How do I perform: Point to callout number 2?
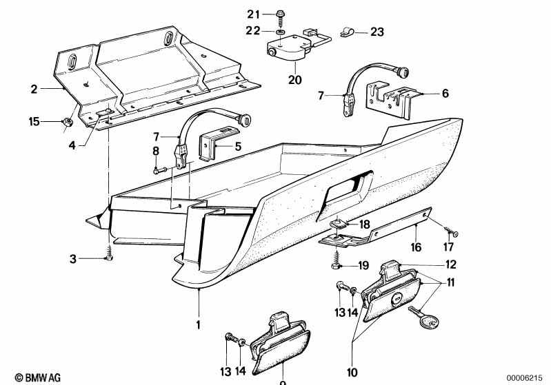[x=32, y=89]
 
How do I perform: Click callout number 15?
[x=34, y=122]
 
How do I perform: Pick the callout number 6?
[x=445, y=94]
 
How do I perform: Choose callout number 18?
[x=364, y=225]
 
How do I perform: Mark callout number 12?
[x=450, y=264]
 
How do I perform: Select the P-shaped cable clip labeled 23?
[x=349, y=31]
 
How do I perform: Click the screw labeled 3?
[x=108, y=256]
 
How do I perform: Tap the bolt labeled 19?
[x=336, y=264]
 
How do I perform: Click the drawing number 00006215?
[x=528, y=377]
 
